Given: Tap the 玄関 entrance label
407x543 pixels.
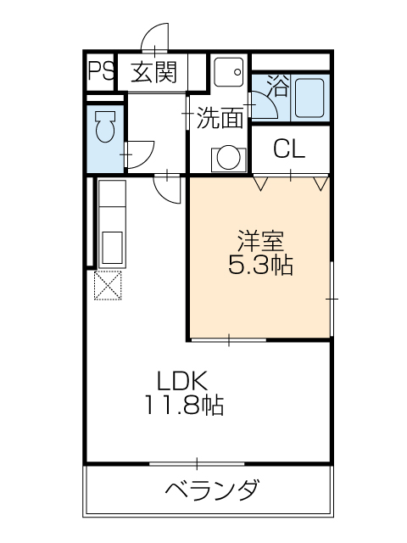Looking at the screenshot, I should click(x=154, y=71).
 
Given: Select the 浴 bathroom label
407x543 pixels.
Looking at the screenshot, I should click(x=276, y=85).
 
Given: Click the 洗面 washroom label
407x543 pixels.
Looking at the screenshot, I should click(x=220, y=119).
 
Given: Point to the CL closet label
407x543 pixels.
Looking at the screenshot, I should click(x=290, y=149).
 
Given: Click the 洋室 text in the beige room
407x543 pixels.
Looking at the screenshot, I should click(x=259, y=239).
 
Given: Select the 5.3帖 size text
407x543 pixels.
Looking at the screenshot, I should click(x=259, y=266).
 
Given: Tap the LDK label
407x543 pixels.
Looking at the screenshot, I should click(x=181, y=379).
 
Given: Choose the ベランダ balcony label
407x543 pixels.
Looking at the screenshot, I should click(x=211, y=490).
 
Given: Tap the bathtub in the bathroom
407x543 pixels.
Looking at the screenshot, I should click(x=309, y=100).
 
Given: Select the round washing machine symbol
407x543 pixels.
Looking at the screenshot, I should click(x=226, y=157).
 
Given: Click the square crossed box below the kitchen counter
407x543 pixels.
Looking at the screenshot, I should click(x=110, y=286).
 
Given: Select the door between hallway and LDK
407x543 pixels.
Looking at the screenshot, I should click(x=167, y=188).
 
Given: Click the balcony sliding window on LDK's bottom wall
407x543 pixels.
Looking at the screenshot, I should click(x=197, y=463).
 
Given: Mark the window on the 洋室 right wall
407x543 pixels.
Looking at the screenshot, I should click(x=332, y=299).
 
